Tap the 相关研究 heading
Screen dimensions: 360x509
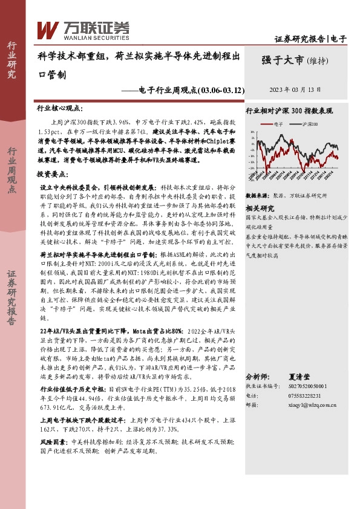pos(261,207)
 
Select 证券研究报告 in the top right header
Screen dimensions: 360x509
pos(299,39)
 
